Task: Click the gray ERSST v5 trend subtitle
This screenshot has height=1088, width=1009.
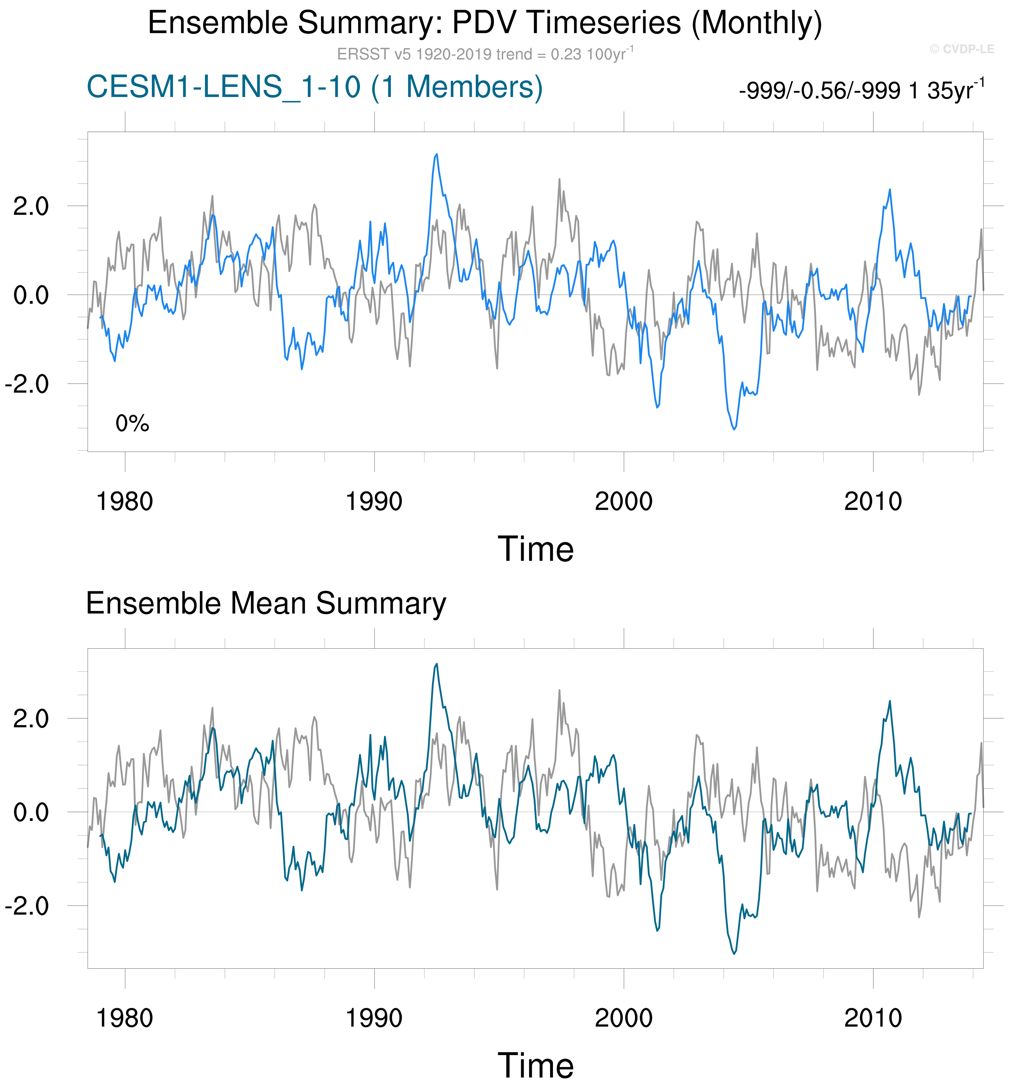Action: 485,54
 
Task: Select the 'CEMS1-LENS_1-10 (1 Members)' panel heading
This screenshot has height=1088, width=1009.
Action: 315,87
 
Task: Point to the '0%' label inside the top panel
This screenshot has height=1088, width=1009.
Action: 132,423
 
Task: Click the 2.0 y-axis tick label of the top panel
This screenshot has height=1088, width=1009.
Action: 31,206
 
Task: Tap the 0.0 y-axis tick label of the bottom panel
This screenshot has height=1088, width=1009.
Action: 31,812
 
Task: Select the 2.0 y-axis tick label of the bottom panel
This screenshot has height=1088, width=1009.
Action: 31,719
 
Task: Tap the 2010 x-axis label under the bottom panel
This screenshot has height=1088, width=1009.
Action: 873,1018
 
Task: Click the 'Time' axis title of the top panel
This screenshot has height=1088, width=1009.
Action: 536,549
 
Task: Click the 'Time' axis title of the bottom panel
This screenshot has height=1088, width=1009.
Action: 536,1066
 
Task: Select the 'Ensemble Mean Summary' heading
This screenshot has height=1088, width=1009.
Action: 266,604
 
